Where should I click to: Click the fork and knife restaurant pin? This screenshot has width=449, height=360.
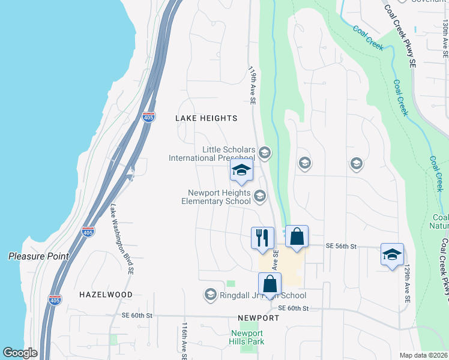(x=262, y=238)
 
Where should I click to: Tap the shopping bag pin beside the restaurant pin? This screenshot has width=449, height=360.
(x=297, y=236)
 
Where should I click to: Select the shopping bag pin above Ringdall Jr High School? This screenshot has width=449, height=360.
(x=270, y=284)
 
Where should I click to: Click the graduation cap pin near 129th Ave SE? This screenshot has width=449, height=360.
(x=392, y=254)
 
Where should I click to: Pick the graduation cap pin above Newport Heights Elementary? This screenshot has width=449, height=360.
(x=241, y=171)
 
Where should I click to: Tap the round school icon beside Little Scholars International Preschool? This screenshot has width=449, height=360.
(x=265, y=153)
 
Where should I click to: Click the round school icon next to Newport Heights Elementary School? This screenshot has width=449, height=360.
(x=260, y=196)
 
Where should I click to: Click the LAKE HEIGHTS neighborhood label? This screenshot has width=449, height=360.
(x=206, y=118)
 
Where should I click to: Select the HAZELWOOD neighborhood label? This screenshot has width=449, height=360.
(x=106, y=295)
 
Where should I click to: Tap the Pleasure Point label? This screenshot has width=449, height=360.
(x=38, y=256)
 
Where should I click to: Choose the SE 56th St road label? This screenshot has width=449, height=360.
(x=341, y=246)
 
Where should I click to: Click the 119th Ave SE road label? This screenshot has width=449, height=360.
(x=253, y=86)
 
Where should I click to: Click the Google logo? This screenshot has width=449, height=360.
(x=20, y=353)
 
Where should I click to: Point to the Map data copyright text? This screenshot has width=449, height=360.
(x=424, y=355)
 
